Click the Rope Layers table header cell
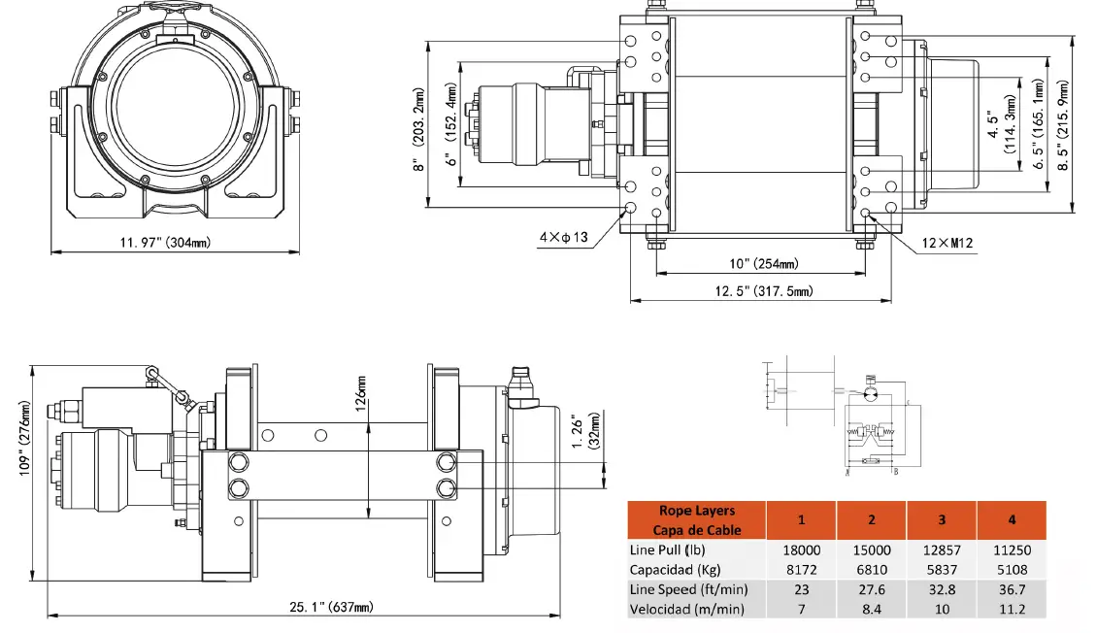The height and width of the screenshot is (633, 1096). tap(696, 520)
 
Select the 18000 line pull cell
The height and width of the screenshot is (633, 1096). tap(801, 550)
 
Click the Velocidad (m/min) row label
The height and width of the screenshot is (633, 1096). tap(686, 609)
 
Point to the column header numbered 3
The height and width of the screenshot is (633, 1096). tap(941, 519)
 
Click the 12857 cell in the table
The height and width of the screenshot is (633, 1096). tap(941, 550)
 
